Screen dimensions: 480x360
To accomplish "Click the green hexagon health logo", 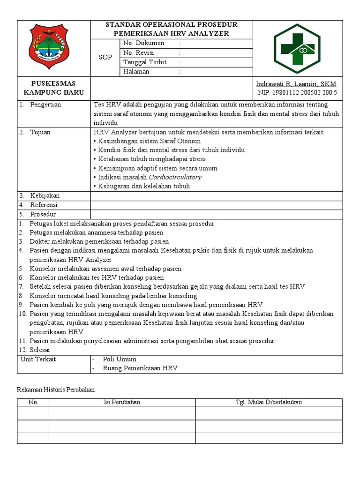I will [x=297, y=48].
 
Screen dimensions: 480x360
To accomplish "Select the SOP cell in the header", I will [x=105, y=57].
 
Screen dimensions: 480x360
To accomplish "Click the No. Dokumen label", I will [x=143, y=43].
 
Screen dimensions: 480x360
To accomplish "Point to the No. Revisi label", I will [x=138, y=52].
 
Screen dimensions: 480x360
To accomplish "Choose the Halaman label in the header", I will [x=136, y=71].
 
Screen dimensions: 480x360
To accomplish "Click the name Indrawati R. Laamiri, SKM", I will [x=296, y=84].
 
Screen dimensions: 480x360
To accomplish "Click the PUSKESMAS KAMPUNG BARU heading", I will [x=53, y=88].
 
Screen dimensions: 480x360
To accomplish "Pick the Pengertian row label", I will [x=45, y=105].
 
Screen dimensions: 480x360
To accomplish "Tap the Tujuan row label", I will [x=40, y=132].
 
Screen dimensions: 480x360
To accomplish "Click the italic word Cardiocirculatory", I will [x=175, y=177].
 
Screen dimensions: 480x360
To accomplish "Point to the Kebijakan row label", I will [x=45, y=195].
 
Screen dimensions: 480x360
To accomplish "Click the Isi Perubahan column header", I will [x=122, y=402].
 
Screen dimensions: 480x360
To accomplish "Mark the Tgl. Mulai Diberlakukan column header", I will [x=269, y=402].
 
